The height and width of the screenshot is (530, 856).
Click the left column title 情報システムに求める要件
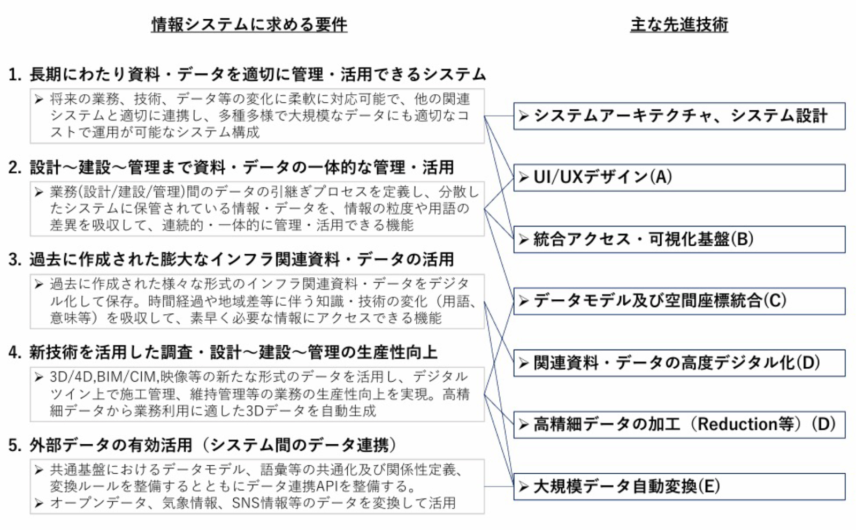tap(249, 25)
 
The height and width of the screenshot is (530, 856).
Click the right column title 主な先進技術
tap(679, 25)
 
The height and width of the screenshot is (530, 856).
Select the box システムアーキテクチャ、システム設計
tap(679, 116)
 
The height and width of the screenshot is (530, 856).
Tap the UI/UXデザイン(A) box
tap(679, 178)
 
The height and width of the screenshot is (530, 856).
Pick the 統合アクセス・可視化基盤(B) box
tap(679, 239)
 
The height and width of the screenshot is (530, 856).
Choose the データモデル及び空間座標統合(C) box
tap(679, 301)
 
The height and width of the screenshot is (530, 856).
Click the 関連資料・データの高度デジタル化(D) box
tap(679, 363)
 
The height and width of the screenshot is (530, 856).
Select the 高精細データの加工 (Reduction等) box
tap(679, 425)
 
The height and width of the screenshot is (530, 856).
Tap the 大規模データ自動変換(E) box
tap(679, 487)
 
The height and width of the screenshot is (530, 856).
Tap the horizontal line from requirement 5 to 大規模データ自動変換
tap(499, 487)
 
